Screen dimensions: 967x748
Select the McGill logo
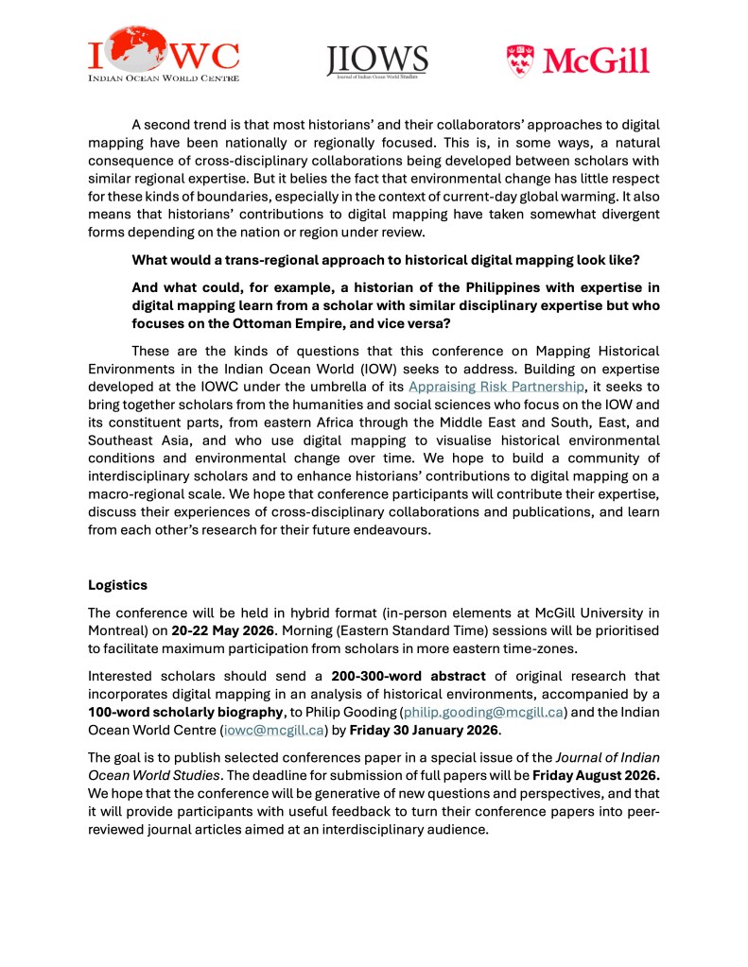click(578, 59)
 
